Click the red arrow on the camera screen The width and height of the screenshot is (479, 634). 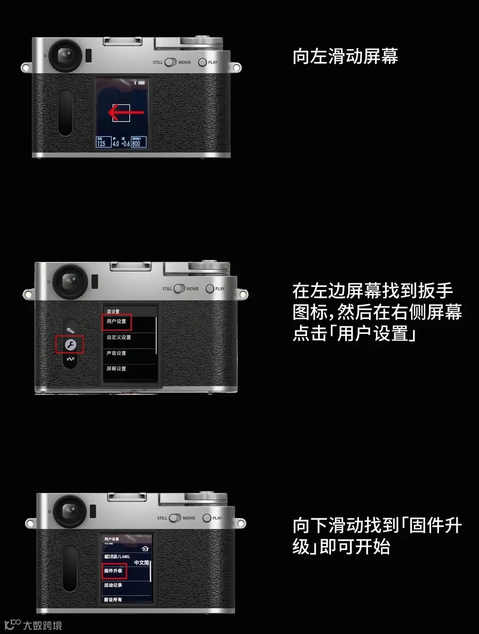click(126, 113)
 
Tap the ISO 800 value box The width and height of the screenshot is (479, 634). click(138, 142)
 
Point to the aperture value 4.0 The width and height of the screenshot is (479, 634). click(115, 143)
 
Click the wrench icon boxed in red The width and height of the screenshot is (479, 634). click(70, 344)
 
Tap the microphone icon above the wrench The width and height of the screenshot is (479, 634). click(70, 330)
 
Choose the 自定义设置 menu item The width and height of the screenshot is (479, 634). click(119, 337)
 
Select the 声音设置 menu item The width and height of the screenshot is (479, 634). click(116, 353)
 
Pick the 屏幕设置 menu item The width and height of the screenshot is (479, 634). click(116, 369)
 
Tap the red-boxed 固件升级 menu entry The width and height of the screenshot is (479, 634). click(114, 571)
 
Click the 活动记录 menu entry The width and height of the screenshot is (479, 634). click(113, 585)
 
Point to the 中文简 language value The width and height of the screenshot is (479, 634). click(141, 563)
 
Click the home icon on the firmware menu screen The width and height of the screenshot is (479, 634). click(145, 549)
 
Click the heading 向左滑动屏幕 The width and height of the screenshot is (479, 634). click(345, 57)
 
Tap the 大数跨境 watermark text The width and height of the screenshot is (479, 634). click(42, 626)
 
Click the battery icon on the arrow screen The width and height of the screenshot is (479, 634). click(141, 83)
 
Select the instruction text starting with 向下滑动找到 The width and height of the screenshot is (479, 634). click(377, 536)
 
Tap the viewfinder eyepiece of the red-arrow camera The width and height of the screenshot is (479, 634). click(65, 55)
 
